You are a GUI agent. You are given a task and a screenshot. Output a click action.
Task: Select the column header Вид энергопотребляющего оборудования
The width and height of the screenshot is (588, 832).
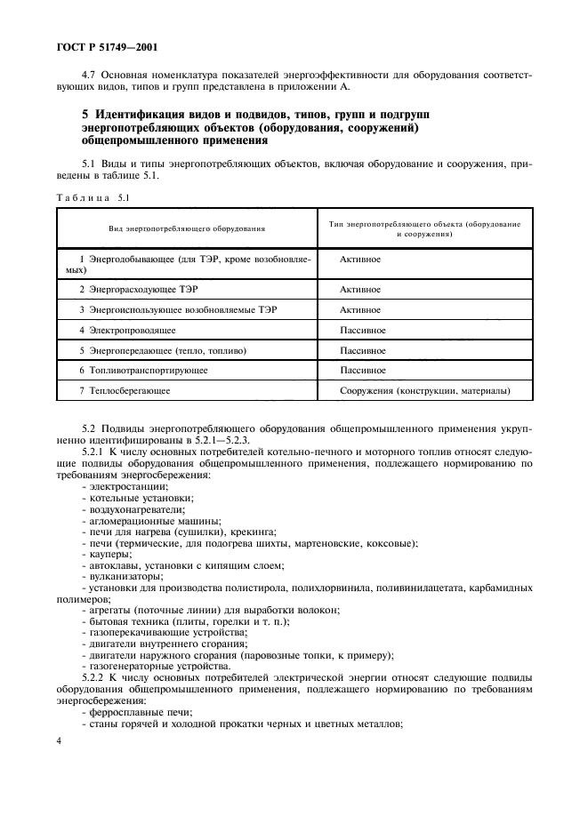[x=188, y=228]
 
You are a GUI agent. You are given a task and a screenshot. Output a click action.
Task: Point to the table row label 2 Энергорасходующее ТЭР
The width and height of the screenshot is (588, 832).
[x=130, y=290]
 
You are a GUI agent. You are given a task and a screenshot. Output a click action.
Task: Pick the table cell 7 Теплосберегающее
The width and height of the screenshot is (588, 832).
[x=125, y=389]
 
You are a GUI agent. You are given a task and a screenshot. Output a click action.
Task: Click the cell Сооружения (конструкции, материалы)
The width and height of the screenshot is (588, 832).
[x=425, y=389]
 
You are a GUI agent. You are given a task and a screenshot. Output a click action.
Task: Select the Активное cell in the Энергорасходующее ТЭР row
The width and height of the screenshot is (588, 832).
[x=360, y=290]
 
